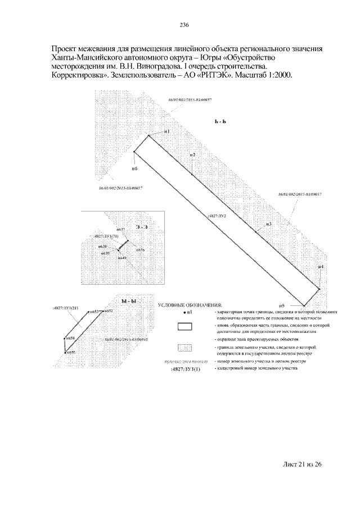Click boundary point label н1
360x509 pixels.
click(167, 131)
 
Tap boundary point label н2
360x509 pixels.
click(192, 155)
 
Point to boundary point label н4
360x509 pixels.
click(320, 267)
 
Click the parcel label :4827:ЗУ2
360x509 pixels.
click(217, 215)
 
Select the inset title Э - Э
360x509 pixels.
click(141, 227)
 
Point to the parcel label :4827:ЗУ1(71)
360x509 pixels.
click(106, 236)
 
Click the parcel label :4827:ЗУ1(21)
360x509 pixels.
click(66, 309)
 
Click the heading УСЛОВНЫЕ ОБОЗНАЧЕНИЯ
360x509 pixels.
click(190, 305)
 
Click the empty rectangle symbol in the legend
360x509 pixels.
click(185, 326)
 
